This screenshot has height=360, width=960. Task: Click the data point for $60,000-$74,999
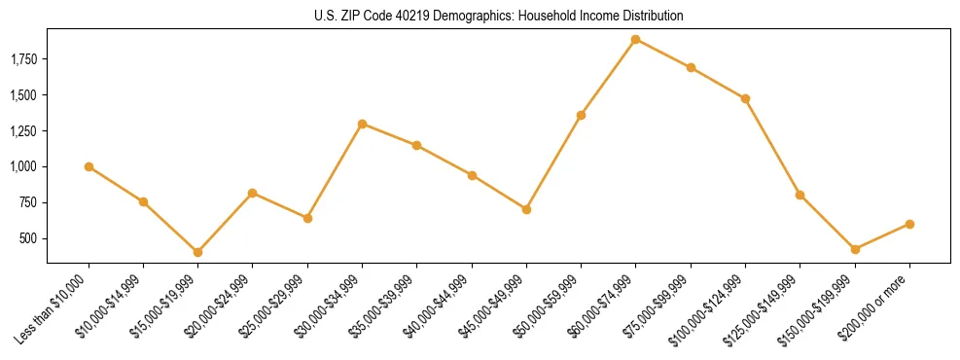click(x=635, y=39)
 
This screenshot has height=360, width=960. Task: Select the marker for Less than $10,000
click(x=89, y=166)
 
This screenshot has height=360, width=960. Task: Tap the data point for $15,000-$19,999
click(x=197, y=252)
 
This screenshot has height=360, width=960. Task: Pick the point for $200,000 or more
click(x=909, y=224)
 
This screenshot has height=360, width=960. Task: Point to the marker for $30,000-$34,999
click(x=362, y=124)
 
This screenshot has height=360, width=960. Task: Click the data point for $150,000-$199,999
click(x=855, y=249)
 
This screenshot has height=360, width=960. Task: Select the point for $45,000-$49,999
click(x=526, y=209)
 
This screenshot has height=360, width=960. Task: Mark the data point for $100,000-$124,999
click(x=745, y=98)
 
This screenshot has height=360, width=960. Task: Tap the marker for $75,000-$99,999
click(x=691, y=67)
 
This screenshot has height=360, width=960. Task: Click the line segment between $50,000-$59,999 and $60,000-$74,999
click(x=608, y=77)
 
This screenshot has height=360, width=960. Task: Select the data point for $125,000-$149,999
click(x=800, y=195)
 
